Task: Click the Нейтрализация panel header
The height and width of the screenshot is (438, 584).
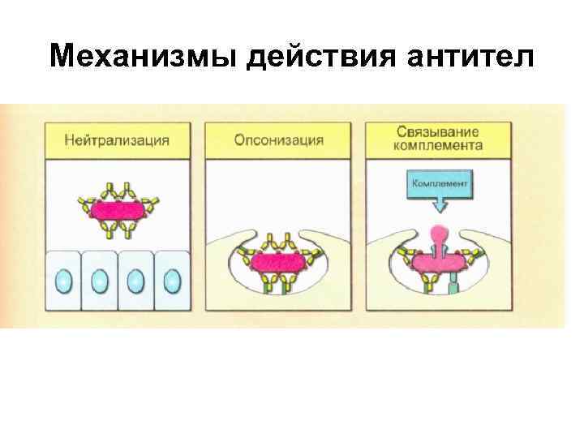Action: [118, 140]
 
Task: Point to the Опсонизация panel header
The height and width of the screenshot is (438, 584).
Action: [278, 140]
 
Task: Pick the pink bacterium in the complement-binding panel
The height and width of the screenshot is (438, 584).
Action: [439, 262]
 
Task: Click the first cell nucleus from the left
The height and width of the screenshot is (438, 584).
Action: [64, 281]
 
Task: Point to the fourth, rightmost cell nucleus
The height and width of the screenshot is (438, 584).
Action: [171, 281]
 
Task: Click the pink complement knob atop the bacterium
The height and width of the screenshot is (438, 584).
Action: [440, 234]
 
